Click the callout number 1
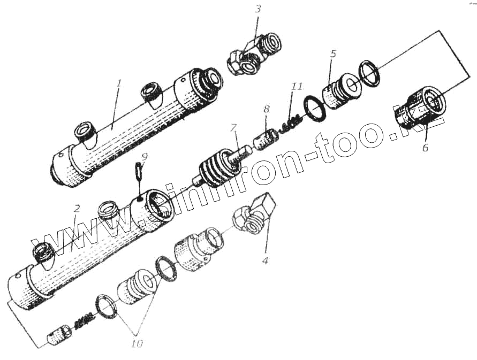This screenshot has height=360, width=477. coord(119,83)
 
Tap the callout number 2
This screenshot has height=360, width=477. coord(77,208)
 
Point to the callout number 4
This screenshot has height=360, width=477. coord(264,261)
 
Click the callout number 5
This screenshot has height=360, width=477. coord(333,54)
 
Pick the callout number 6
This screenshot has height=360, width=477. coord(425,148)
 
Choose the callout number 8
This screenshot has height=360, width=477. coord(266,109)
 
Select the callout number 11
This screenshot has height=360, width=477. coord(297,86)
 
